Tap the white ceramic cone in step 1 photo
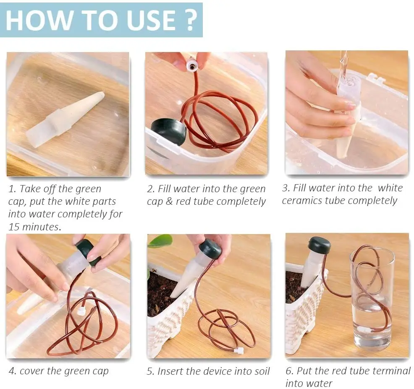[65, 119]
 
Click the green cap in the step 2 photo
[168, 131]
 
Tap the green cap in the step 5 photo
[210, 248]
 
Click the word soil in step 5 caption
[262, 371]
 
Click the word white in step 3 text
[390, 188]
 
